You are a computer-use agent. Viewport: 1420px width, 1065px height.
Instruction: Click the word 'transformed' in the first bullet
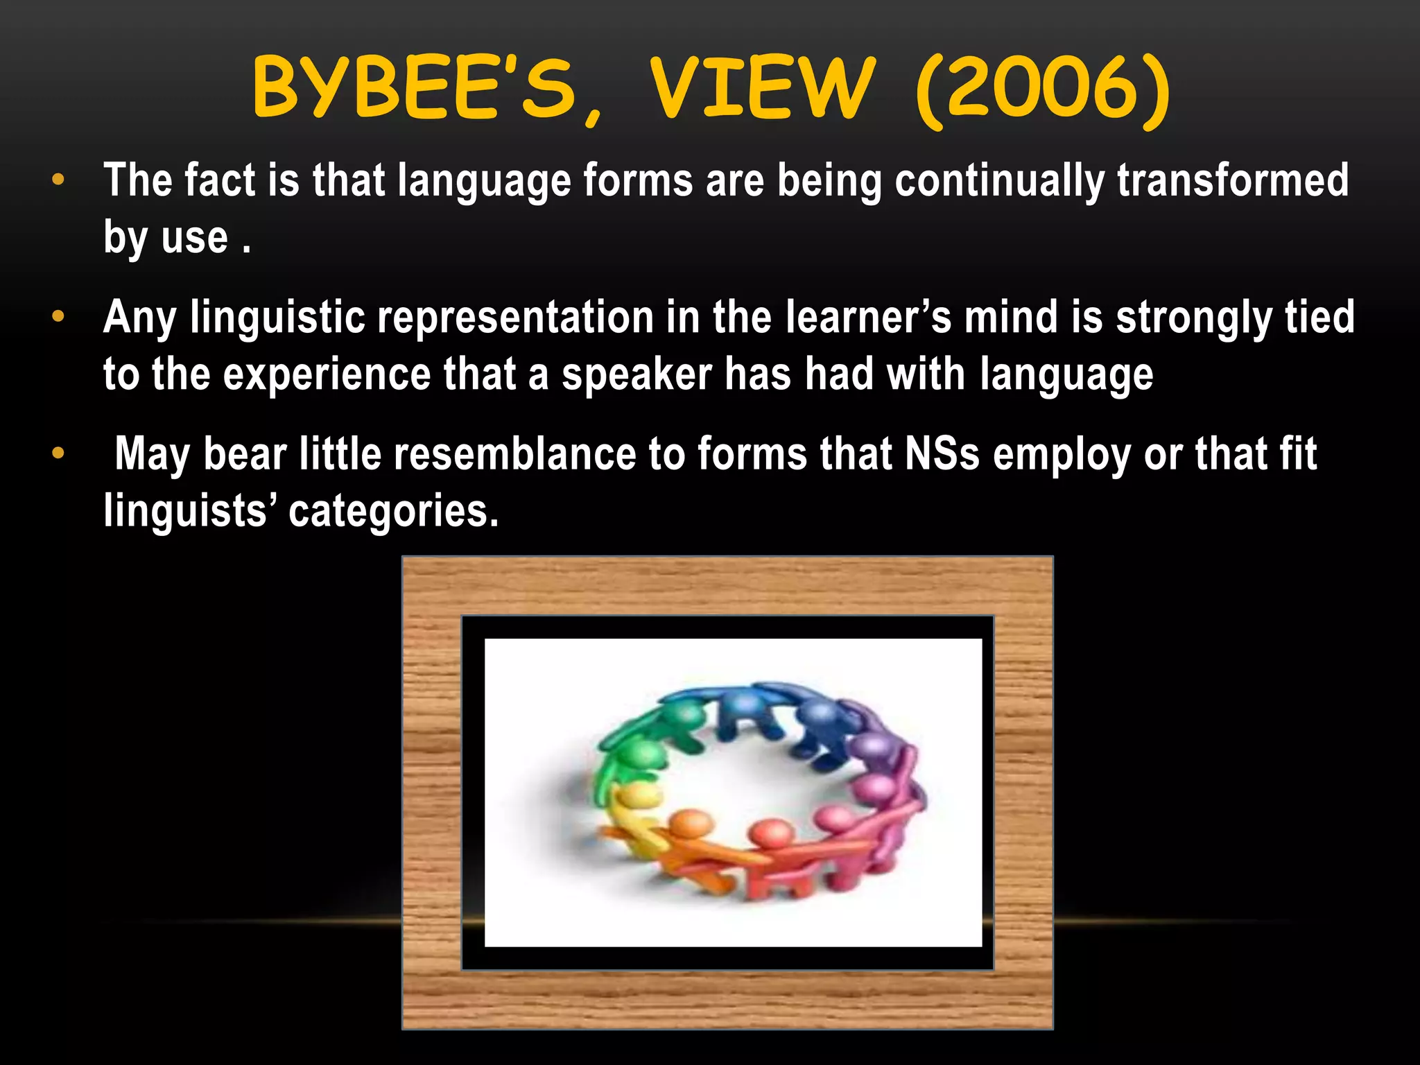[x=1232, y=180]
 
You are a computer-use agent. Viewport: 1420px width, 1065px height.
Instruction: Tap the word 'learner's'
[x=868, y=318]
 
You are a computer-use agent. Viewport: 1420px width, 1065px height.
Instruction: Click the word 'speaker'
[x=637, y=375]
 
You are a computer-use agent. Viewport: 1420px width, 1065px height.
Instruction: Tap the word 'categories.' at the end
[x=393, y=512]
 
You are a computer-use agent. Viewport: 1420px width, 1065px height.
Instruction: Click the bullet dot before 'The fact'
[x=58, y=180]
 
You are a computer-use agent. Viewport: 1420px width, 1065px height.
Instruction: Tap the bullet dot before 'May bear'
[x=58, y=454]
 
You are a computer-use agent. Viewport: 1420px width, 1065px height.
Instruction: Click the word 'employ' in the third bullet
[x=1061, y=456]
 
